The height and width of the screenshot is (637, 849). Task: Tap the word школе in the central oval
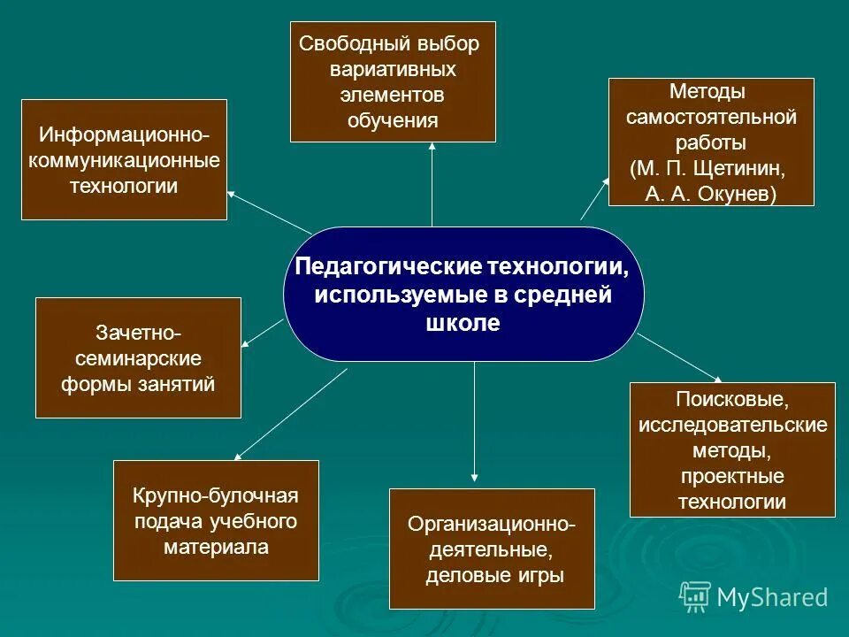463,324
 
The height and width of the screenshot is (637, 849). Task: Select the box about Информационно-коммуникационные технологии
124,160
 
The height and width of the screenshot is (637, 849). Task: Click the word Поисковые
731,399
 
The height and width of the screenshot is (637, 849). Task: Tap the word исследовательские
732,425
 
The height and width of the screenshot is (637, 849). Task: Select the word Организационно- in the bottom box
492,525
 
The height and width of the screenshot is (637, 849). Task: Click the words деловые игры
493,576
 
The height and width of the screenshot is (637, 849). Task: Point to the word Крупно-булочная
216,495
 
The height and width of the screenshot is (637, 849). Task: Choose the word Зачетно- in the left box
138,334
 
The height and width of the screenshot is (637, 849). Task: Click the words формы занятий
138,385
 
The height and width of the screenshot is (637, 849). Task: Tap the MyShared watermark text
772,597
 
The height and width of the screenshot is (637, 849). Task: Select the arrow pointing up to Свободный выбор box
432,186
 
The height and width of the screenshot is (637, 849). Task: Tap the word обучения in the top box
393,120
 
